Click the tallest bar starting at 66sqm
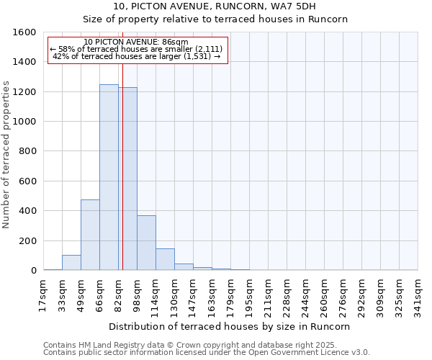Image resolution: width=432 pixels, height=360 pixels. click(x=109, y=177)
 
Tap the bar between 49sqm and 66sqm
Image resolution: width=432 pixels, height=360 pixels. click(x=90, y=235)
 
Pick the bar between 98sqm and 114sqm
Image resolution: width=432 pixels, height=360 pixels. click(x=146, y=243)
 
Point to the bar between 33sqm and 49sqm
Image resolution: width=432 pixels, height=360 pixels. click(x=71, y=263)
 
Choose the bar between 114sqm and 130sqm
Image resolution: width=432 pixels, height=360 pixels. click(x=165, y=259)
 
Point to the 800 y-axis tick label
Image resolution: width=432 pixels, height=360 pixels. click(x=27, y=151)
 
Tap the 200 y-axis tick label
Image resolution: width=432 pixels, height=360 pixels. click(x=27, y=240)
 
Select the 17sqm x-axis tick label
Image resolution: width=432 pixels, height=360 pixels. click(x=43, y=294)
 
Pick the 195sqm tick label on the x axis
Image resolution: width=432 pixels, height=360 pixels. click(x=249, y=294)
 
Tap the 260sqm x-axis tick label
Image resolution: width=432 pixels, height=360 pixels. click(x=324, y=294)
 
